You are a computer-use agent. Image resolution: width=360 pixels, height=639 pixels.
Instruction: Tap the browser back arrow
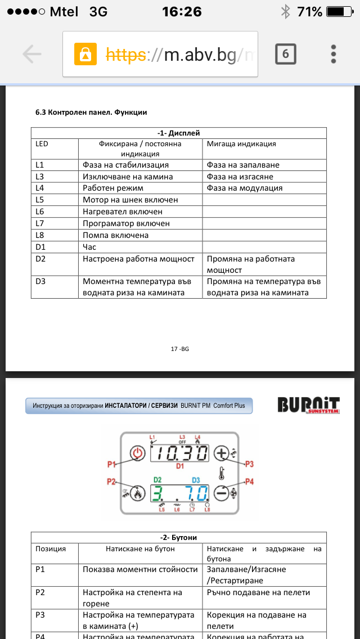click(32, 54)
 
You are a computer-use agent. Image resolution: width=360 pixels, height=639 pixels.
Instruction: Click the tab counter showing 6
click(285, 54)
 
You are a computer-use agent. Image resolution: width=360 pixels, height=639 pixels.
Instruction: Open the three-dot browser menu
click(333, 54)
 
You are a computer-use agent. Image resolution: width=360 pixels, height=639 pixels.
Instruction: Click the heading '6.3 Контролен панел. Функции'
click(91, 112)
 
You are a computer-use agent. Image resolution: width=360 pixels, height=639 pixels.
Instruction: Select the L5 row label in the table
click(40, 200)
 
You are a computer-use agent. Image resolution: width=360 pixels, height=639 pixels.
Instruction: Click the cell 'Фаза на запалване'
click(243, 165)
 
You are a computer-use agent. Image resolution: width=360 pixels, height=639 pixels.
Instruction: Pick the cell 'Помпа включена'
click(115, 235)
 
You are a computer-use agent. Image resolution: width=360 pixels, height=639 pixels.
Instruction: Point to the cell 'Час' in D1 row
click(89, 247)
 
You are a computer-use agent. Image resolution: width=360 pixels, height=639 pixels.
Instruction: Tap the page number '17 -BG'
click(179, 349)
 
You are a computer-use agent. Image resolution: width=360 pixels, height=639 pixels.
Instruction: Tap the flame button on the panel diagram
click(137, 494)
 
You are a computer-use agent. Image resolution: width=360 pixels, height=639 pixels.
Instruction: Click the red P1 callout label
click(111, 464)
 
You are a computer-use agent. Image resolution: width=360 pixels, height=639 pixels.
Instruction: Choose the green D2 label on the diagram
click(157, 480)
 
